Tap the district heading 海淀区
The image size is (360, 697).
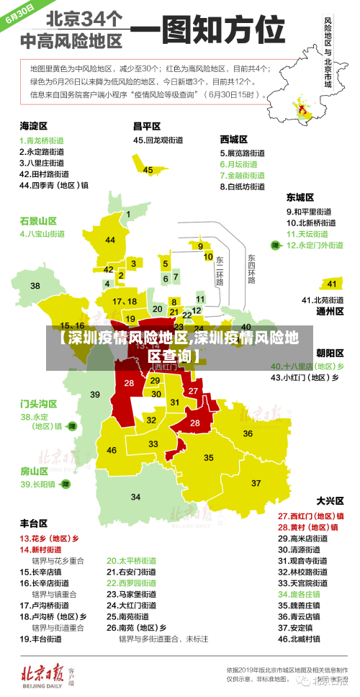(34, 126)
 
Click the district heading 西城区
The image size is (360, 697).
(234, 139)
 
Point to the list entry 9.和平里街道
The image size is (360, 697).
(310, 211)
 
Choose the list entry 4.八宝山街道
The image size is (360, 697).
(42, 234)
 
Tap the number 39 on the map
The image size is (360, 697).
(95, 394)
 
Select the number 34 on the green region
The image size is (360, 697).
(135, 498)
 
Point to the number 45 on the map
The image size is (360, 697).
(148, 170)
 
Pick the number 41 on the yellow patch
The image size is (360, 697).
(331, 284)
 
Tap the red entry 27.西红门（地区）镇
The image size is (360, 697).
(310, 516)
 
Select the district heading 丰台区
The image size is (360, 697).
(34, 523)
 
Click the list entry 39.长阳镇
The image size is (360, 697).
(39, 485)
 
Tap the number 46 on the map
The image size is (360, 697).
(112, 450)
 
